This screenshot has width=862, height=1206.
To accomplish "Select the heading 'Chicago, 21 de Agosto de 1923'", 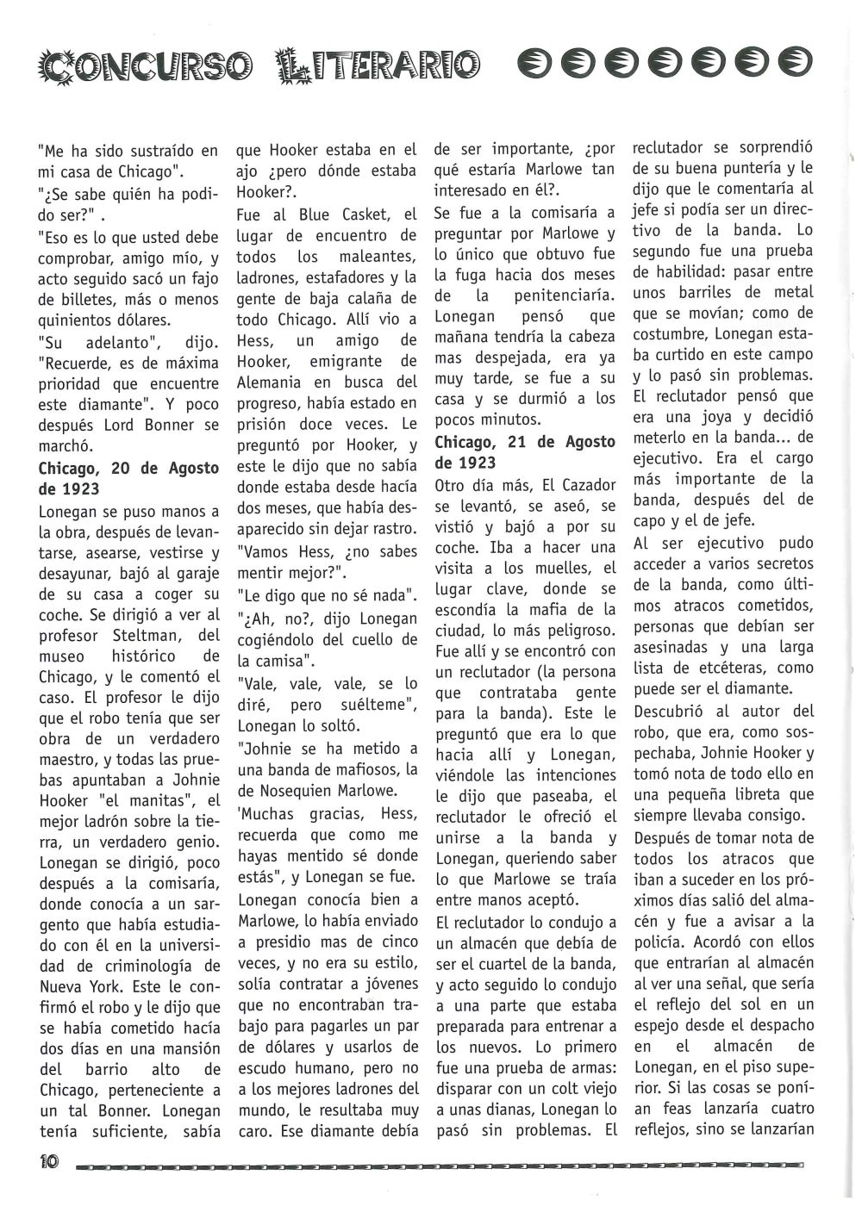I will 525,453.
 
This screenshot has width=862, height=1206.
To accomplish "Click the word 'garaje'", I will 197,573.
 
